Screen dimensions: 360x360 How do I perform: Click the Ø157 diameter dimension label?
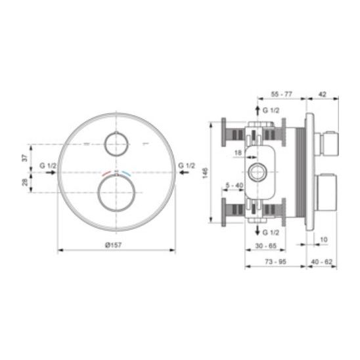113,245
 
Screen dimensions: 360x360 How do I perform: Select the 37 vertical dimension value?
24,158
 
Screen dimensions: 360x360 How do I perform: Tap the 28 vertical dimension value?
24,182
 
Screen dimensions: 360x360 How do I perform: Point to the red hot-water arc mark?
106,173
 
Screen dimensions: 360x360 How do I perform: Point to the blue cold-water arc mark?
127,173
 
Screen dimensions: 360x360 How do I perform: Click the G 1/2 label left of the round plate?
48,166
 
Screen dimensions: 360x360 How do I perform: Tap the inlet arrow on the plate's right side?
184,172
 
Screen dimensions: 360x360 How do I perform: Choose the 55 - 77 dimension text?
281,94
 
